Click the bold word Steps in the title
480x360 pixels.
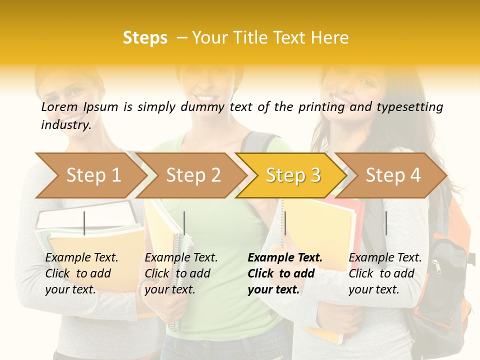click(145, 38)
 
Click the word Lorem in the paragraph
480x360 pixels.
click(59, 107)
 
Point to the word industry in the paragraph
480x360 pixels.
click(65, 125)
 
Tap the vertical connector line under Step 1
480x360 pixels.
click(84, 223)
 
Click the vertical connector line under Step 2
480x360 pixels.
click(184, 223)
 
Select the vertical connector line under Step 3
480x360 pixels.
click(285, 223)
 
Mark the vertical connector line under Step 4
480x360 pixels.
click(386, 223)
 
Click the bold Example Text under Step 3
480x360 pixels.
click(285, 258)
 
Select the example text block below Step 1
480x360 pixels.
click(81, 273)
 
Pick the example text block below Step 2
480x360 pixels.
click(181, 273)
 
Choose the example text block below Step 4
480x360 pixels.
click(385, 273)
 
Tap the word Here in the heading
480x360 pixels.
click(330, 38)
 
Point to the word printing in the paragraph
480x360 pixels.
click(320, 107)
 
